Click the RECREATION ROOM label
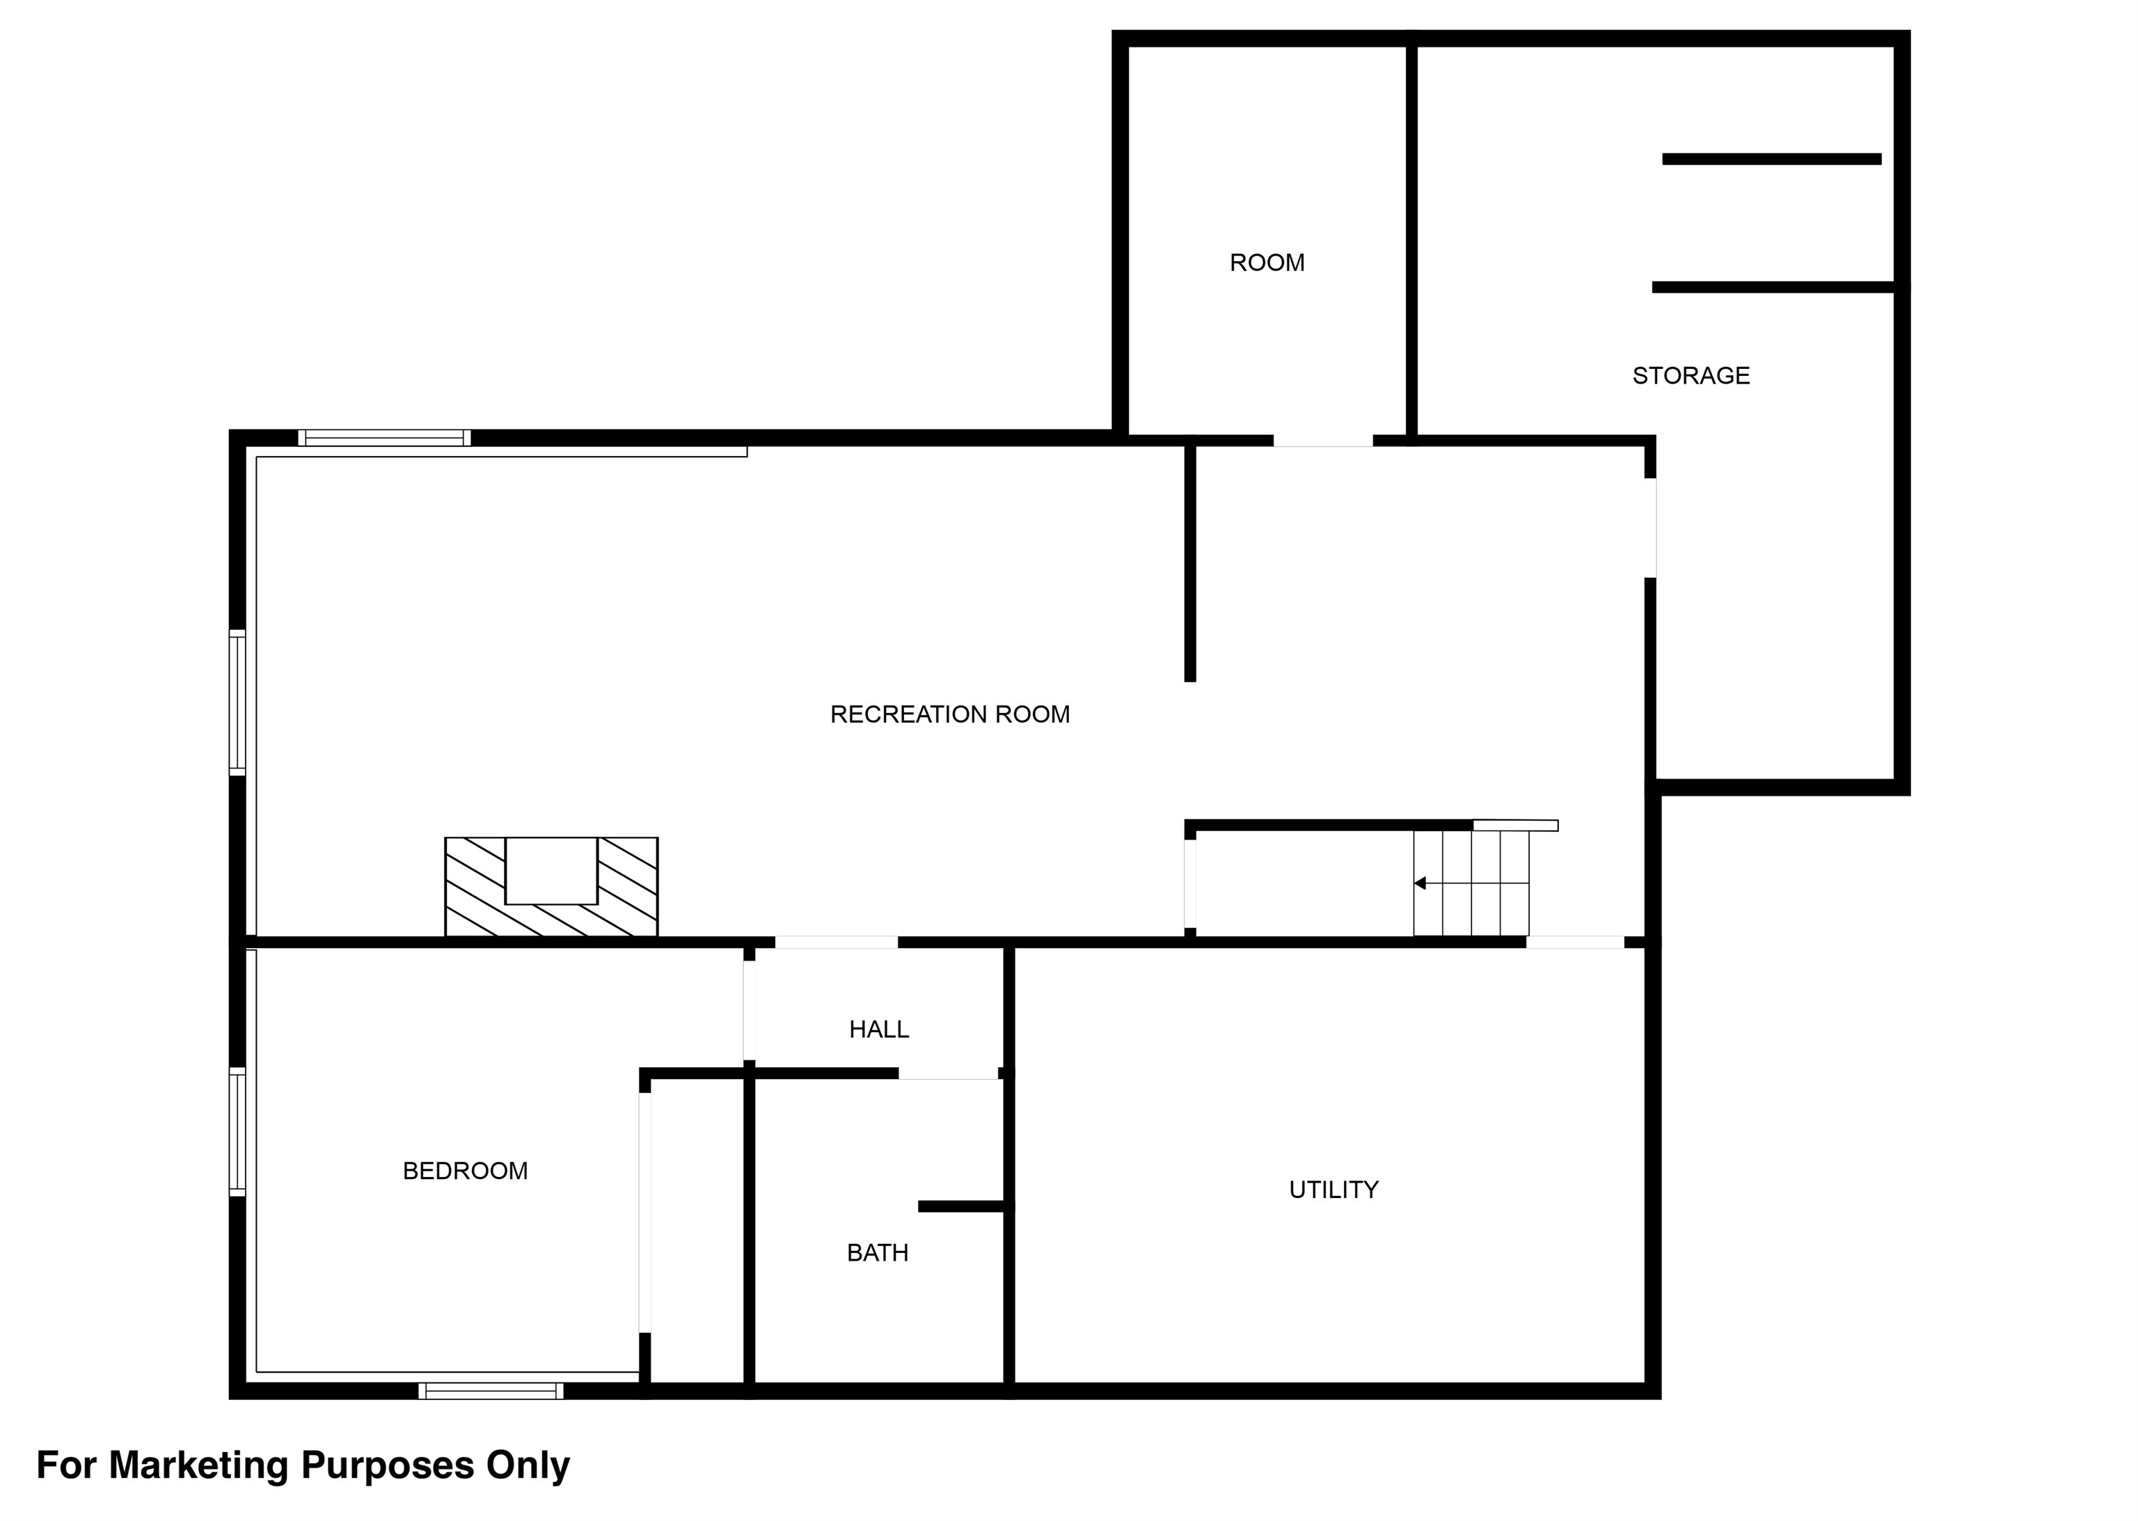[x=949, y=715]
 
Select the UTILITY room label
[x=1333, y=1190]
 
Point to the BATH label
[x=878, y=1253]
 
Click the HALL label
[x=878, y=1030]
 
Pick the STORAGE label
[x=1690, y=376]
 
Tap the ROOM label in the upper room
[x=1266, y=263]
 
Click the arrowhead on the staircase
[x=1420, y=883]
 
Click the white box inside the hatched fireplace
[x=551, y=871]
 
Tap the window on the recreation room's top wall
[x=384, y=437]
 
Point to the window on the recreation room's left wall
[x=238, y=702]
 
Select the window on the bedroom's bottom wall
[x=491, y=1391]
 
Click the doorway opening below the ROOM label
[x=1322, y=440]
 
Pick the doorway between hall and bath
[x=948, y=1073]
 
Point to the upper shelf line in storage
[x=1771, y=159]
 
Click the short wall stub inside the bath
[x=963, y=1206]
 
